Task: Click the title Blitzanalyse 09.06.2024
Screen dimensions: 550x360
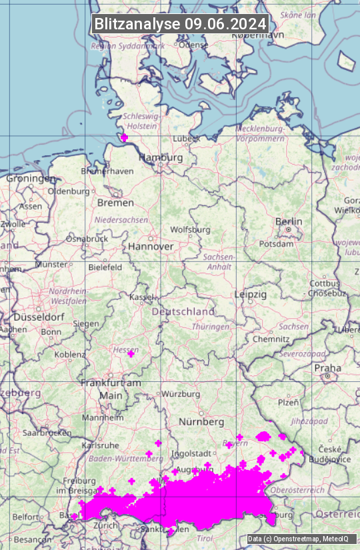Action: pos(180,23)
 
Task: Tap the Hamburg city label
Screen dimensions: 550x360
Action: pos(161,158)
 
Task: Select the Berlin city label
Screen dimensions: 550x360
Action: pos(289,221)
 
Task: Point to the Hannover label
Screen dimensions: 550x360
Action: pos(151,246)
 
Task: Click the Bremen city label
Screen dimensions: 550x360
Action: pos(115,202)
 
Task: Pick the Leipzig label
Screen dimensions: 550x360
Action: pos(251,294)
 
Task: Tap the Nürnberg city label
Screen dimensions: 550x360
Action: pos(201,422)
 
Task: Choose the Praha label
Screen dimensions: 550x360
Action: pos(327,367)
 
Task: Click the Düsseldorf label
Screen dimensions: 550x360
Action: pos(39,317)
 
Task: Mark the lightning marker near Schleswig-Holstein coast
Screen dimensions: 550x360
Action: pos(124,137)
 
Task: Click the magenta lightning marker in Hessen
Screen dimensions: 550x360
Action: pos(131,353)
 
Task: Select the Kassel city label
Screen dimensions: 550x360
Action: pos(141,297)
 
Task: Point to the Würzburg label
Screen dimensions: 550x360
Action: pos(181,394)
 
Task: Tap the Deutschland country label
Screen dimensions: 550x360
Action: pos(183,311)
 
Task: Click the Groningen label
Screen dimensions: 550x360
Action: pos(31,179)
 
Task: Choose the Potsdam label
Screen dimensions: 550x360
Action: pos(276,244)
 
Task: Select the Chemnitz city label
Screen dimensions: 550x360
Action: pos(271,339)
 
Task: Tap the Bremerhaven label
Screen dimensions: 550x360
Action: pos(107,171)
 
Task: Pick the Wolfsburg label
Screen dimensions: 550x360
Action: pos(191,230)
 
